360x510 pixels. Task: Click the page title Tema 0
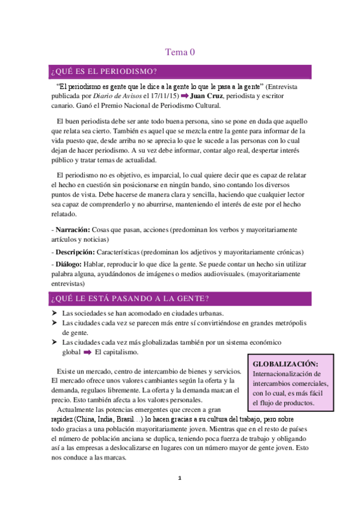click(180, 53)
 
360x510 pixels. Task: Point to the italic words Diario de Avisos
click(118, 96)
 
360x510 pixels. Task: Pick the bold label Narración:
click(73, 230)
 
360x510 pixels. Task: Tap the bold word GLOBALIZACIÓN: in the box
click(285, 364)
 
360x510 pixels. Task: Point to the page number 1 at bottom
click(179, 479)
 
